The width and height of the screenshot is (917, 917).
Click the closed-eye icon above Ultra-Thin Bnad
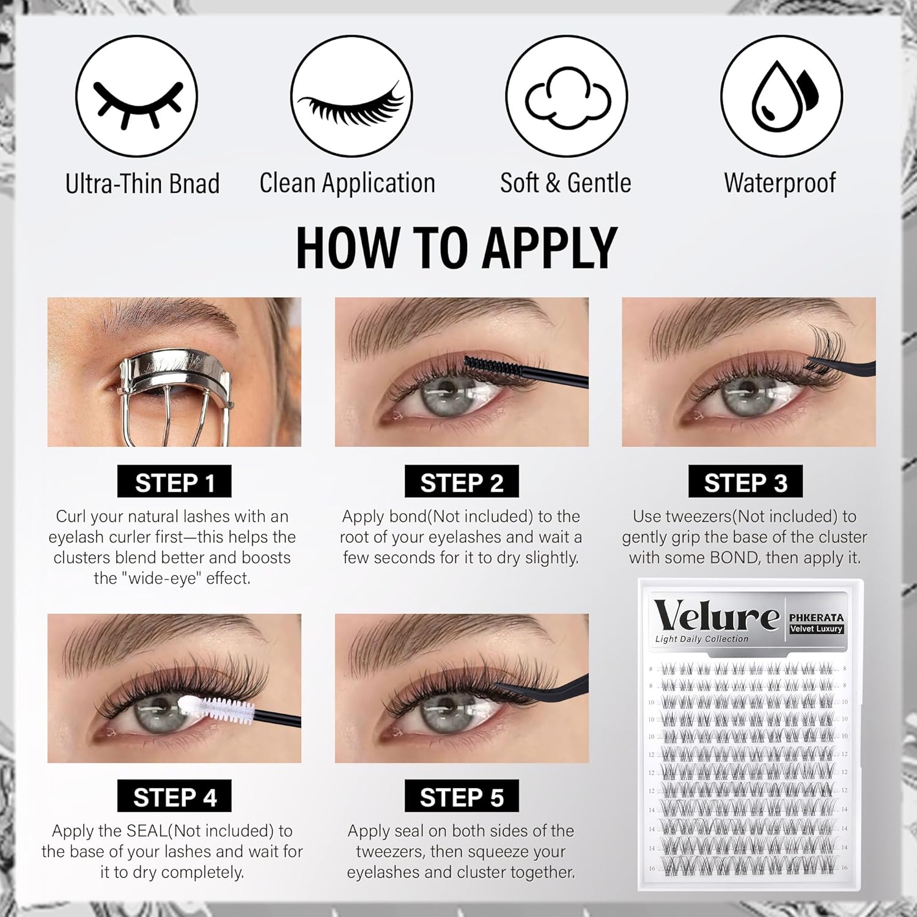pyautogui.click(x=136, y=97)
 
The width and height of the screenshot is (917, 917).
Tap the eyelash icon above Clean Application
pyautogui.click(x=351, y=97)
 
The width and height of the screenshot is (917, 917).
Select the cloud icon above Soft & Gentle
pyautogui.click(x=566, y=97)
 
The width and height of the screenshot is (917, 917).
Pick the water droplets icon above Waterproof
pyautogui.click(x=781, y=97)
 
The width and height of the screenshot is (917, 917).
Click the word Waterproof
pyautogui.click(x=779, y=183)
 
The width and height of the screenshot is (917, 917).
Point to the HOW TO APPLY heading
pyautogui.click(x=457, y=248)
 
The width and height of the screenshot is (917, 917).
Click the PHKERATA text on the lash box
pyautogui.click(x=816, y=617)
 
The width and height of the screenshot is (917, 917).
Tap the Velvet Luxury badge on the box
pyautogui.click(x=816, y=629)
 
